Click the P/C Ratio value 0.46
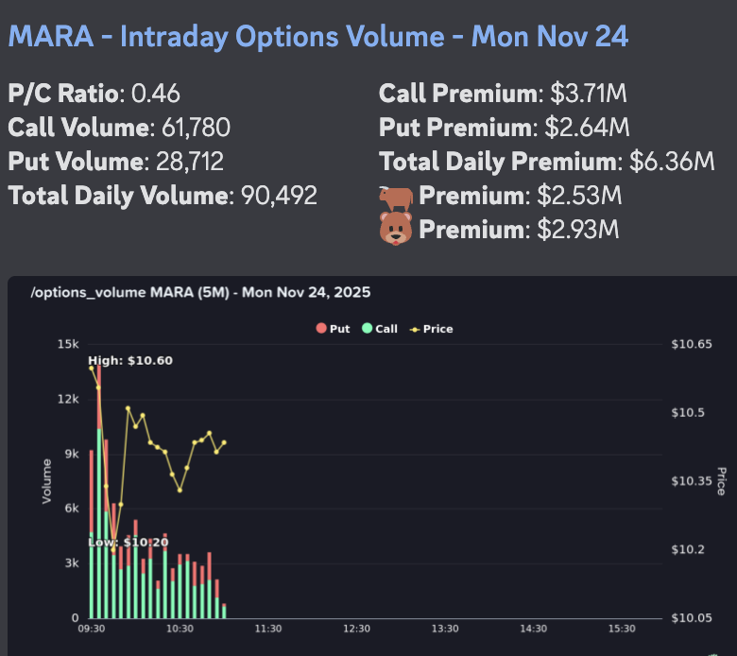(155, 94)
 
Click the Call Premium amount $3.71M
(589, 94)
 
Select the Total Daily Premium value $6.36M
(672, 162)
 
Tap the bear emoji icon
(396, 230)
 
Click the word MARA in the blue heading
(49, 37)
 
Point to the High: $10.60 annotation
(130, 361)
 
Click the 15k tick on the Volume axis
(68, 343)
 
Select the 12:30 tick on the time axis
(356, 629)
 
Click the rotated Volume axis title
(46, 480)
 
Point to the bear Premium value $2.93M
(578, 230)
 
